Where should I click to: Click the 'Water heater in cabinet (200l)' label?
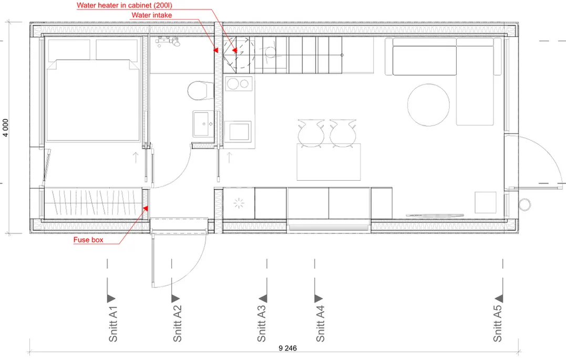coord(124,5)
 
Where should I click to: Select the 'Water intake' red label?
coord(151,15)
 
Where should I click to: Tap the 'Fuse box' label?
coord(88,240)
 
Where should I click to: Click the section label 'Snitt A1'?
coord(113,324)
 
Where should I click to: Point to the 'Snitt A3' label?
coord(261,324)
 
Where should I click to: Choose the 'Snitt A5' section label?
coord(497,324)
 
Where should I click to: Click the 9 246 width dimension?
coord(287,348)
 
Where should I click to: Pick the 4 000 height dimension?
coord(5,128)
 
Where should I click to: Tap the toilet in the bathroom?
coord(201,90)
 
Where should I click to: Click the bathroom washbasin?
coord(203,124)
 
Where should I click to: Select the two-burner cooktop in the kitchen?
coord(239,84)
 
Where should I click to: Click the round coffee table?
coord(428,105)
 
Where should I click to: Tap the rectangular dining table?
coord(328,162)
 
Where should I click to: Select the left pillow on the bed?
coord(69,50)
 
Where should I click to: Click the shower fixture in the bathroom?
coord(168,42)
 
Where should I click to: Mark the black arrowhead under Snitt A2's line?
coord(176,299)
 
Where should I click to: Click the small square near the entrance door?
coord(486,202)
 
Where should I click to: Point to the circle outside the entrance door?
coord(525,205)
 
